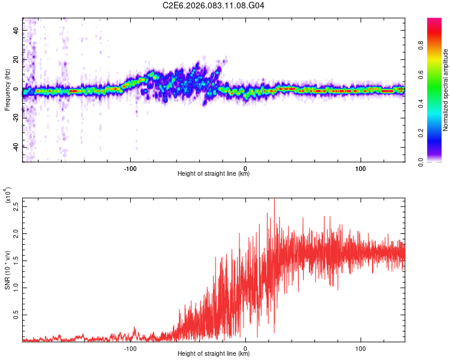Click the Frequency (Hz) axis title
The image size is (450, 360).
pyautogui.click(x=7, y=90)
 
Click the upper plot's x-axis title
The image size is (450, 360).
pyautogui.click(x=214, y=173)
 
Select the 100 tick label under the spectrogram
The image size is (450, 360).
pyautogui.click(x=361, y=167)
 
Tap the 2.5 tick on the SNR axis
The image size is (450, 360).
pyautogui.click(x=16, y=206)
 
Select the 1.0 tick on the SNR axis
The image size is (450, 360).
pyautogui.click(x=16, y=287)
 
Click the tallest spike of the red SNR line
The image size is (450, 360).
pyautogui.click(x=274, y=200)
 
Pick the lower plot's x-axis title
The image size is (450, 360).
pyautogui.click(x=214, y=355)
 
